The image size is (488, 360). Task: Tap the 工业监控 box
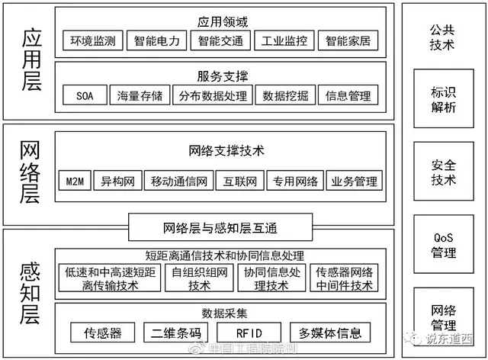pyautogui.click(x=284, y=40)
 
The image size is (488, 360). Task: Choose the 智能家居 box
pyautogui.click(x=348, y=40)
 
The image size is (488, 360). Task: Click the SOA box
pyautogui.click(x=85, y=96)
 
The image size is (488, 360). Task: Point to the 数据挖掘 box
pyautogui.click(x=284, y=96)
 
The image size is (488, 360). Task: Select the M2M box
pyautogui.click(x=73, y=182)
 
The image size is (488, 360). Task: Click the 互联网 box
pyautogui.click(x=240, y=182)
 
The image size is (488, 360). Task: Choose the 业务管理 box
pyautogui.click(x=354, y=182)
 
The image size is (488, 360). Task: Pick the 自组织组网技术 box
pyautogui.click(x=199, y=278)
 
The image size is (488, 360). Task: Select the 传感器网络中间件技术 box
pyautogui.click(x=344, y=278)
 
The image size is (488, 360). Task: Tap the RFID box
pyautogui.click(x=244, y=333)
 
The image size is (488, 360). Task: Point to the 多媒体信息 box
pyautogui.click(x=329, y=333)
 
